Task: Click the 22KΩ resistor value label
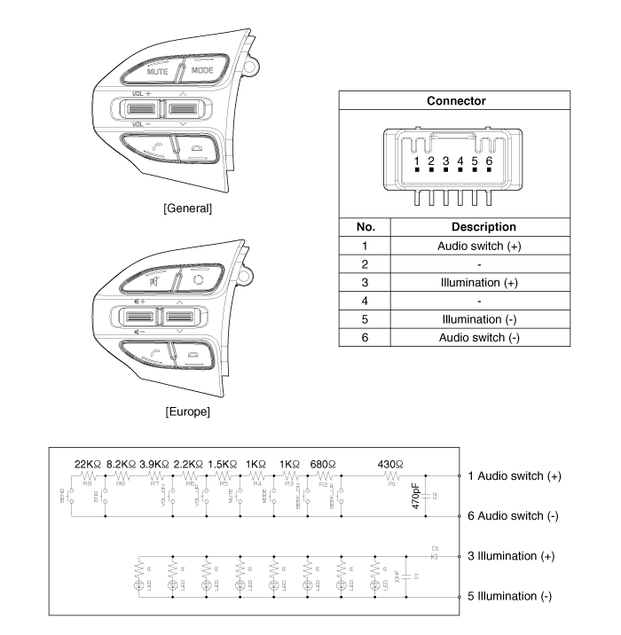(x=90, y=464)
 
